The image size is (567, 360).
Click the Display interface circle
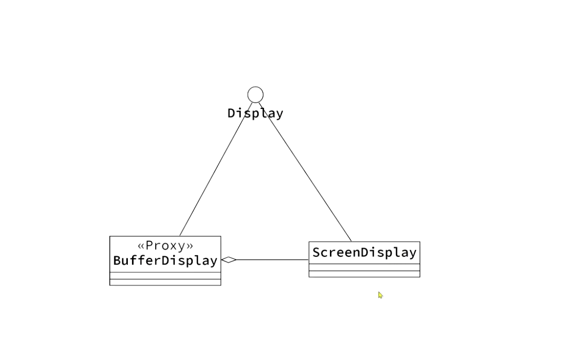255,95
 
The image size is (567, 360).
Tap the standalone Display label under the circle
255,113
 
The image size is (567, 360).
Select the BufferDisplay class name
165,261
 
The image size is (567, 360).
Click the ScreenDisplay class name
364,253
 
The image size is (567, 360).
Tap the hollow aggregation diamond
229,260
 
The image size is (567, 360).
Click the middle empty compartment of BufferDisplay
165,276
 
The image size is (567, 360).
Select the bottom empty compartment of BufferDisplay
165,282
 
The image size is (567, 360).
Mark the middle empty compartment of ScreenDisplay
364,267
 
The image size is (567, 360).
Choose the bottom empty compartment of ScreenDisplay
364,274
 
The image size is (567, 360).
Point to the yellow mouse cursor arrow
380,294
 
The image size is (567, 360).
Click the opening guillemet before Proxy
141,246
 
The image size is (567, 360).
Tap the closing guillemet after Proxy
190,246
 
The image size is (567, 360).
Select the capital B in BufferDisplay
118,261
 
